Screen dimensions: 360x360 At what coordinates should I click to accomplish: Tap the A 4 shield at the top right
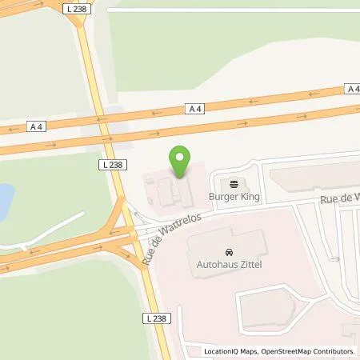[352, 88]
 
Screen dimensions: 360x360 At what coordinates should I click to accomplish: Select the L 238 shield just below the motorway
[111, 164]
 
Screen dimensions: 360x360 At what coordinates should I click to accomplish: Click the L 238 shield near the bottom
[156, 318]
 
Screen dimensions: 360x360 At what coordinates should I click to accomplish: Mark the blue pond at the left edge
[6, 196]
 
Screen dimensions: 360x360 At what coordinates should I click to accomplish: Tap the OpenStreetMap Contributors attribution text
[307, 351]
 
